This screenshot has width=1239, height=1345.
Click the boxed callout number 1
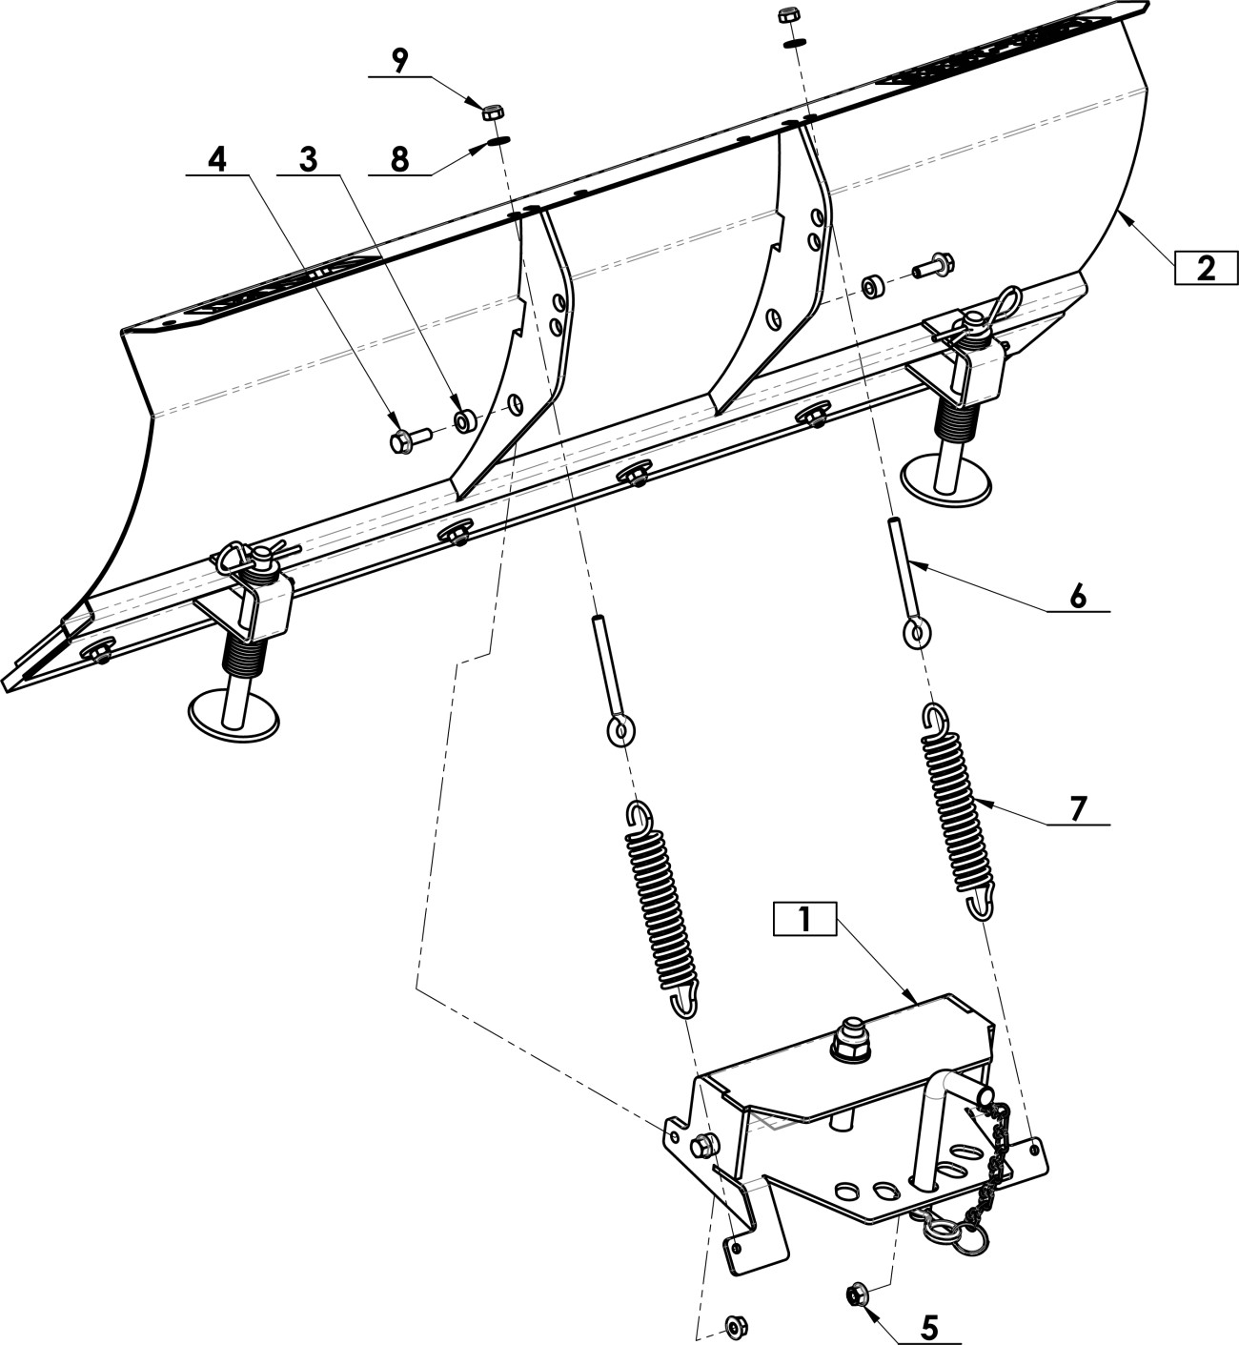coord(804,919)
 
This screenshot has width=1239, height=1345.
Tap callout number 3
coord(308,161)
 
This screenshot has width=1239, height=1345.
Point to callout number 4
coord(217,161)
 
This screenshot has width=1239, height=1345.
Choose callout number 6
coord(1077,596)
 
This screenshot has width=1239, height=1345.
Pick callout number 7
coord(1076,809)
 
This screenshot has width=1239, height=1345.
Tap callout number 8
coord(399,160)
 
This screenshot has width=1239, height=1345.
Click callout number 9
coord(399,62)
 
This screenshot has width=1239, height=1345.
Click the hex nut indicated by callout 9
coord(494,112)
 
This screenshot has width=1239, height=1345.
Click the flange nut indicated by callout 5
coord(856,1293)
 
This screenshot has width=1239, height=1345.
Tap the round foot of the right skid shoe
coord(946,479)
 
